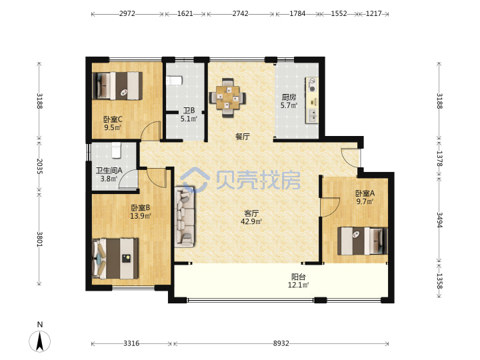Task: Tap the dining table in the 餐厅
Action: click(x=227, y=97)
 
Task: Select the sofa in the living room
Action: click(x=185, y=217)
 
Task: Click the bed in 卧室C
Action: click(x=117, y=86)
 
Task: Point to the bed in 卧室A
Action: click(x=363, y=241)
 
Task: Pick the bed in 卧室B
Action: click(x=115, y=259)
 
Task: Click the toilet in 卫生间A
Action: click(x=116, y=150)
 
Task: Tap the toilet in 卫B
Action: click(x=174, y=81)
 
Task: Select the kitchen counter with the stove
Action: click(x=312, y=101)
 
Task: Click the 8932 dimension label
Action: click(x=281, y=343)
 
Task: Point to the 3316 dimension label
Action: click(x=131, y=343)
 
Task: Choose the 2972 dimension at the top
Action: click(x=127, y=14)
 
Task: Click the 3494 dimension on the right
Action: click(x=439, y=220)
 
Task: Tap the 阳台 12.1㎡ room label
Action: click(x=298, y=281)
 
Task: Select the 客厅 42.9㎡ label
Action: click(x=251, y=217)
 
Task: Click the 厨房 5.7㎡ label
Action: click(x=289, y=101)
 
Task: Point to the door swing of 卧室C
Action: click(x=151, y=131)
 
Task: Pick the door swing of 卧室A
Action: click(x=330, y=207)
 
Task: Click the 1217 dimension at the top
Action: click(x=374, y=14)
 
